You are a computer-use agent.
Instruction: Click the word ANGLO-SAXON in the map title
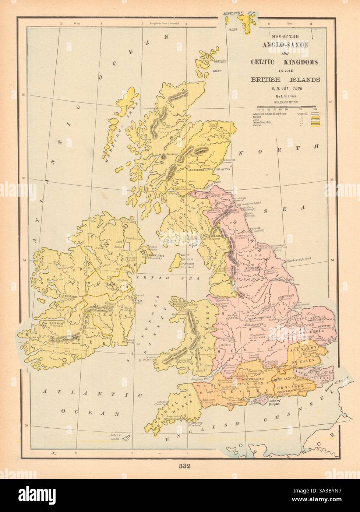click(x=285, y=45)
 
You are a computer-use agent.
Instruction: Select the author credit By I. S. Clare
click(x=285, y=96)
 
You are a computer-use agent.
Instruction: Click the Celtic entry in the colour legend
click(x=258, y=125)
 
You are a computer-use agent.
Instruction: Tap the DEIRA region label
click(x=246, y=253)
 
